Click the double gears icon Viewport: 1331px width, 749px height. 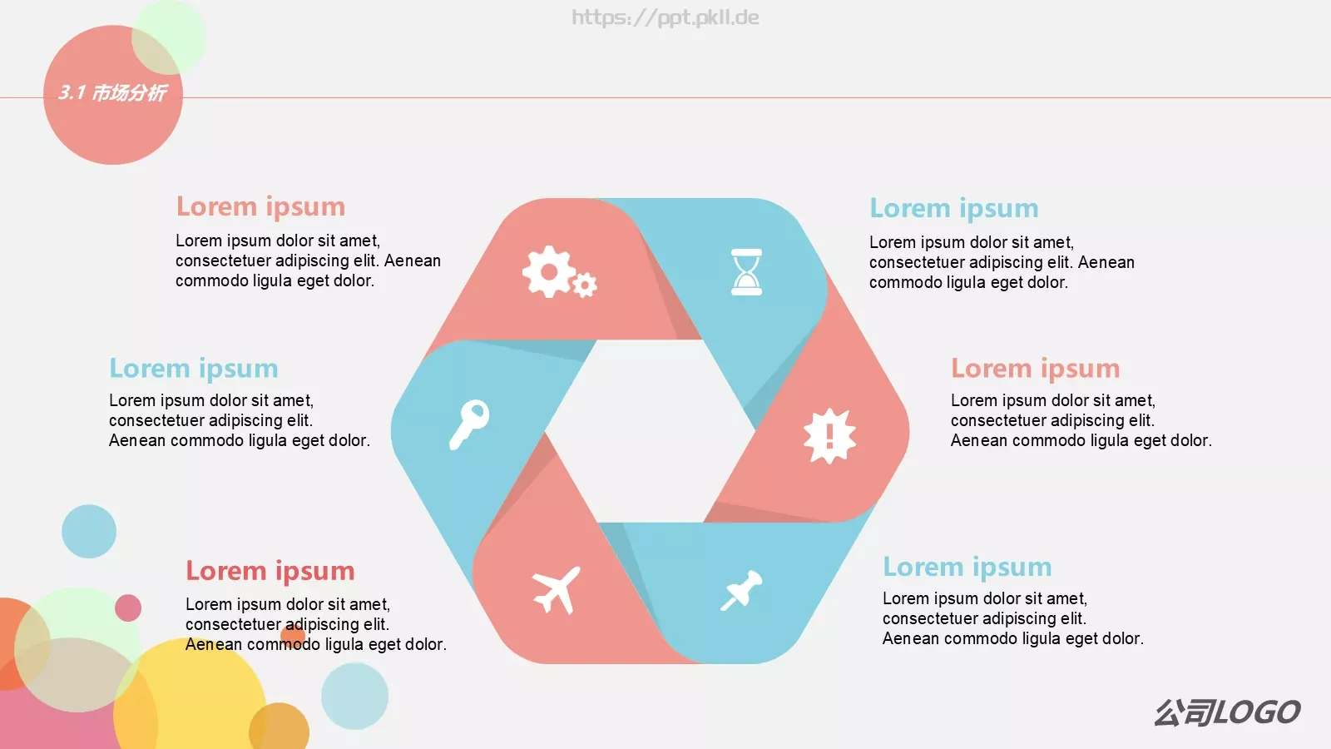coord(559,271)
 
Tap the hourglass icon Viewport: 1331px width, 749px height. coord(746,271)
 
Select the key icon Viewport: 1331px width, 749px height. coord(469,424)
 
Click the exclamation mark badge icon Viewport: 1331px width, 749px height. coord(829,436)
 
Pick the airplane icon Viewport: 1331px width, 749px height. coord(557,590)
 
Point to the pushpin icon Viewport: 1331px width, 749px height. coord(741,590)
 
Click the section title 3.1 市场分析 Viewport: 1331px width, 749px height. coord(112,92)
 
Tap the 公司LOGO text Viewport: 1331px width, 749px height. coord(1228,712)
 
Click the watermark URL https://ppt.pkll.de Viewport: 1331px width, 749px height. coord(665,17)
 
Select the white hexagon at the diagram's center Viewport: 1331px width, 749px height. coord(650,431)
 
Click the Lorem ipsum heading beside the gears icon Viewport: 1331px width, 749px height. coord(260,207)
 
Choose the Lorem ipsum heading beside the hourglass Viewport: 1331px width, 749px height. coord(953,209)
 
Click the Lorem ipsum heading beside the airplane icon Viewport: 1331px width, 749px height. coord(270,571)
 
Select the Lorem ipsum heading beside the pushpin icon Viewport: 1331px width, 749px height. coord(967,568)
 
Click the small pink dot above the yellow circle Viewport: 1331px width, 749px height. coord(128,608)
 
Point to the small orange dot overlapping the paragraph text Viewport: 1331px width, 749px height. coord(292,636)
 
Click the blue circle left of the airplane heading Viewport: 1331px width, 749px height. coord(89,532)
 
